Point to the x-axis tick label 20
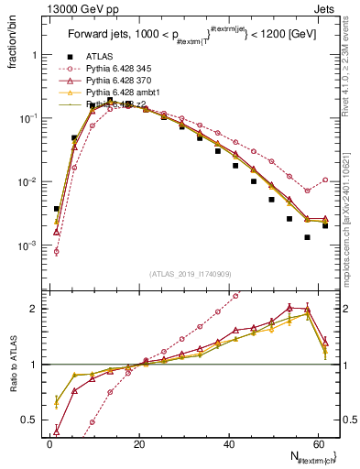pyautogui.click(x=139, y=442)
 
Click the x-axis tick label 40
pyautogui.click(x=230, y=442)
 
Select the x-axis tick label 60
pyautogui.click(x=321, y=442)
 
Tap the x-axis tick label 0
pyautogui.click(x=49, y=442)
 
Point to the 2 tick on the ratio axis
pyautogui.click(x=34, y=309)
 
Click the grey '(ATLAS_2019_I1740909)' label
pyautogui.click(x=189, y=274)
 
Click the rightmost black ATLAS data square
pyautogui.click(x=325, y=224)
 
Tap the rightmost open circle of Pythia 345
pyautogui.click(x=325, y=180)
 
